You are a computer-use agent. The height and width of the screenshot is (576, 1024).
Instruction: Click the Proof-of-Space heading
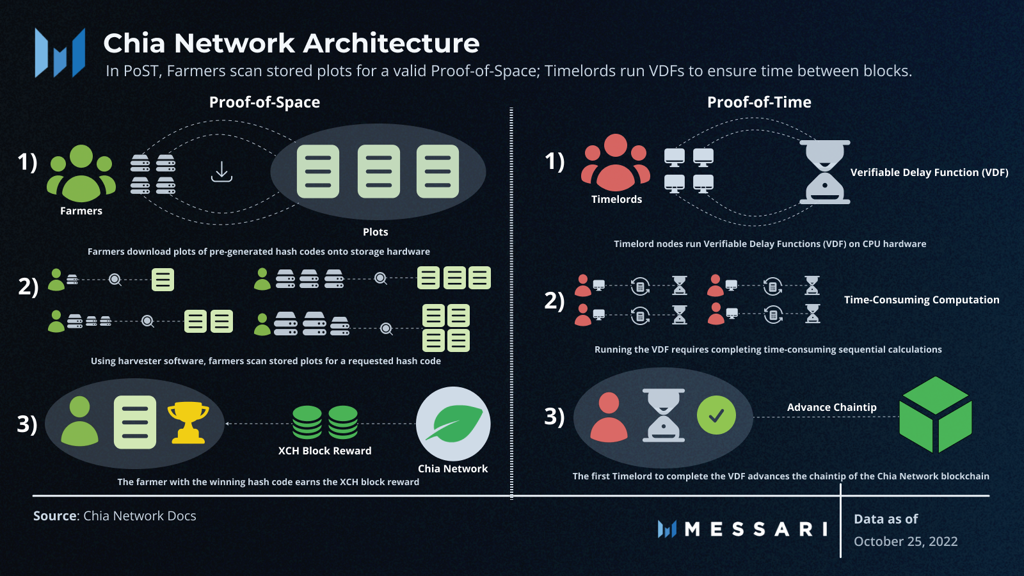264,102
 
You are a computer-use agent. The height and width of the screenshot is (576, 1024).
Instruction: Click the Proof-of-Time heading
759,102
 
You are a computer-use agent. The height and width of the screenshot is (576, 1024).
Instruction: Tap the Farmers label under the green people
81,211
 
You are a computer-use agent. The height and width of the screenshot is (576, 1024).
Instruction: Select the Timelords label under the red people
616,200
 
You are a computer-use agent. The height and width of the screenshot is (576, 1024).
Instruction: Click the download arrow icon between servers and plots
221,172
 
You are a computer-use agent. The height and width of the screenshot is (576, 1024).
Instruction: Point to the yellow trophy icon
188,422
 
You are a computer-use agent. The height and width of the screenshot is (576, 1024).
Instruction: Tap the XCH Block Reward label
324,451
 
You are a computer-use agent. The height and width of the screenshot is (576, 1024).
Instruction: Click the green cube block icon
935,415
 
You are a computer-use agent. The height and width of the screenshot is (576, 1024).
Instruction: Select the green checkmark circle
716,416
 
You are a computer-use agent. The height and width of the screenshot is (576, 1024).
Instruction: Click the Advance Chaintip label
831,408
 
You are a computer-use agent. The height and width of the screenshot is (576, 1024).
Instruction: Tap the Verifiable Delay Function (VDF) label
929,173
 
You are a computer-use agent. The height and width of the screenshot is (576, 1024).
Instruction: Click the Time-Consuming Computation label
921,300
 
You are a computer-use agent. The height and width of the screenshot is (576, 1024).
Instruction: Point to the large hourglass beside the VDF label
825,172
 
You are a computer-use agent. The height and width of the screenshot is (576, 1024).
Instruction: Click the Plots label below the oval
375,232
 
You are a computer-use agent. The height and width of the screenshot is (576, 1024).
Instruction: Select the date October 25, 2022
905,541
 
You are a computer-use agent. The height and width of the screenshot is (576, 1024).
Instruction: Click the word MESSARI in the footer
756,529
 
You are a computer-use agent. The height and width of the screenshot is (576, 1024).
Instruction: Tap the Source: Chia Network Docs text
115,516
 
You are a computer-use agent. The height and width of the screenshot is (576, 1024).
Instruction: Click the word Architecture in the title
391,44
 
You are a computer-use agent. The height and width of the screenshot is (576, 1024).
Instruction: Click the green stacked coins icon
325,422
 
